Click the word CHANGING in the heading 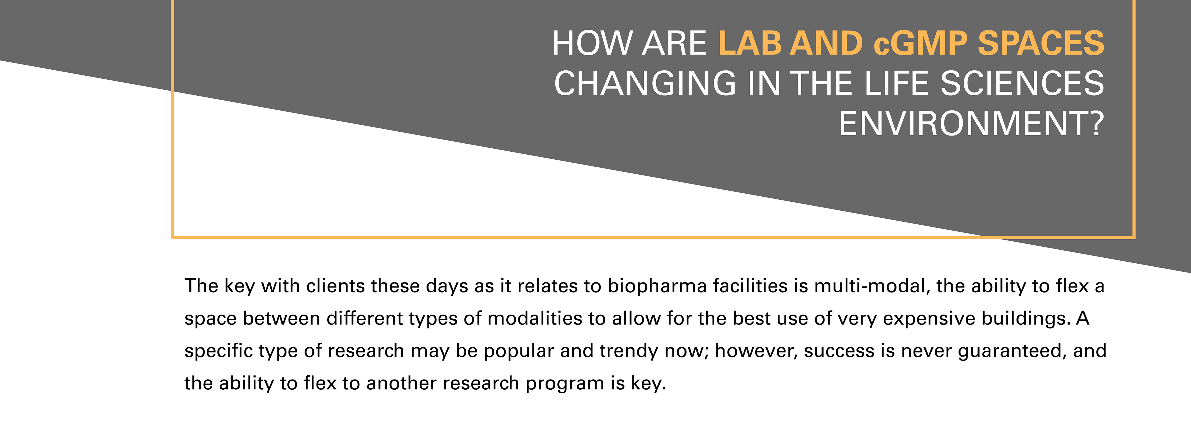click(645, 84)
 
